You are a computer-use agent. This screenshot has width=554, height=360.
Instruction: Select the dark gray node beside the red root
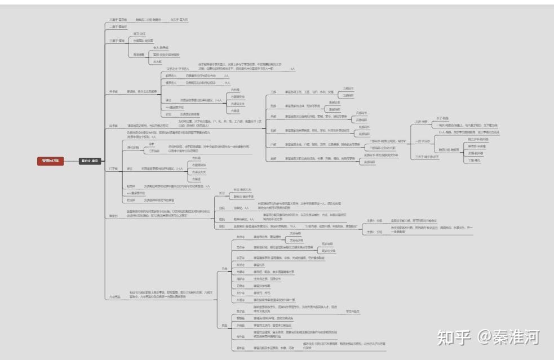point(89,161)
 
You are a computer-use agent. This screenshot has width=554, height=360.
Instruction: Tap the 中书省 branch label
point(113,91)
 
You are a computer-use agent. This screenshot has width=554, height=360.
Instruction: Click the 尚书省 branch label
point(113,126)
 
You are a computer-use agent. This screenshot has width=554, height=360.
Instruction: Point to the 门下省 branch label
point(113,168)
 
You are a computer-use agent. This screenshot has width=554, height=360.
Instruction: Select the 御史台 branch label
point(113,215)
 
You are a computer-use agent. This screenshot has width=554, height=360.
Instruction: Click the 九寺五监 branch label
point(114,296)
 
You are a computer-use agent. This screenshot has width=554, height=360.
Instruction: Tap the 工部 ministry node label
point(273,91)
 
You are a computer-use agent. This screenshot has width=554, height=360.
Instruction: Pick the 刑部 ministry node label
point(273,105)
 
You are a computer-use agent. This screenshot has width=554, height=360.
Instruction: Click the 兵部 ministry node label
point(273,117)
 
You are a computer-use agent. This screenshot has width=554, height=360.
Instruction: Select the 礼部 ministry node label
point(273,131)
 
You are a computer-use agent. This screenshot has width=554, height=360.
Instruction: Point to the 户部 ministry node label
point(273,145)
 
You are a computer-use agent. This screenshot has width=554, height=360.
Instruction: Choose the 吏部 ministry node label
point(273,158)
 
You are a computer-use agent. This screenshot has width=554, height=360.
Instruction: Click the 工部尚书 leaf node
point(348,88)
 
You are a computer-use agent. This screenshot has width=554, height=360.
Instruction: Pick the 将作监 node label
point(240,337)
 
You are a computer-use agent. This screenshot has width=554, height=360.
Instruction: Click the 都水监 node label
point(240,348)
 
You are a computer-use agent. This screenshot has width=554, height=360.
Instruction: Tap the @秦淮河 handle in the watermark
point(508,337)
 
